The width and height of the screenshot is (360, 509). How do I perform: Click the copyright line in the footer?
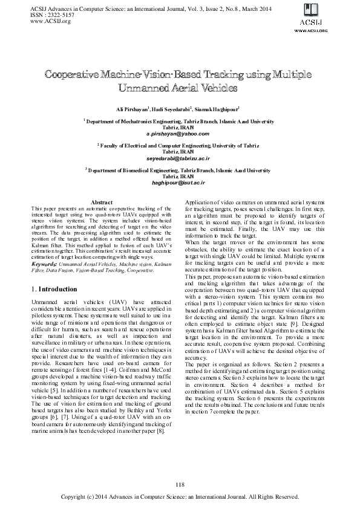(180, 497)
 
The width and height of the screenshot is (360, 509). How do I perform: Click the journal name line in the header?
(139, 8)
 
